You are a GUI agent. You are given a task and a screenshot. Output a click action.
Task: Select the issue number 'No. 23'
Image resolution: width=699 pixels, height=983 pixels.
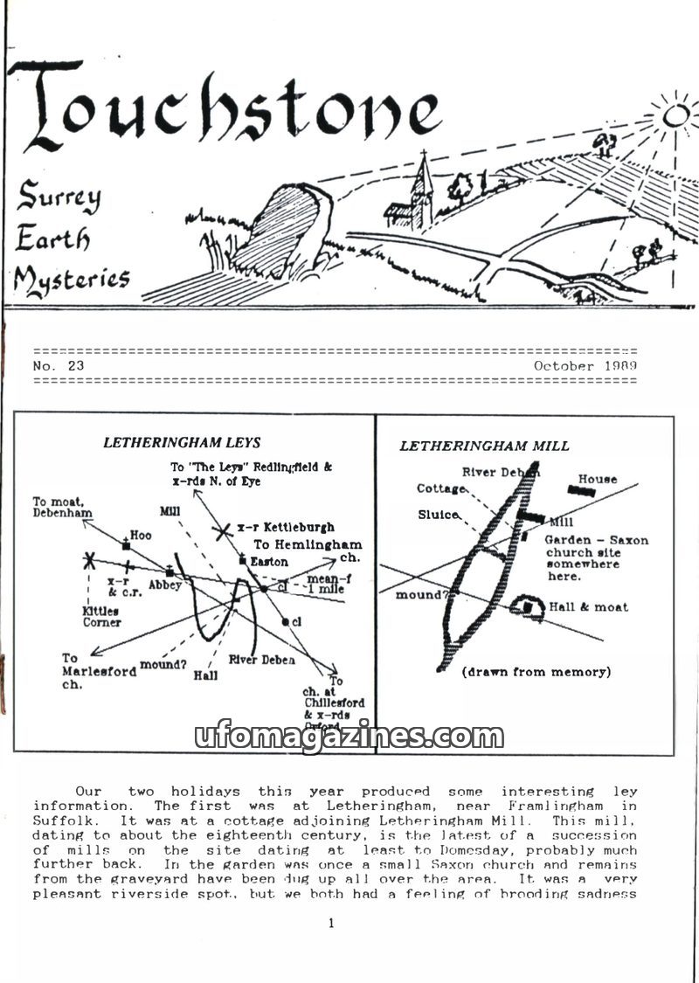pos(59,365)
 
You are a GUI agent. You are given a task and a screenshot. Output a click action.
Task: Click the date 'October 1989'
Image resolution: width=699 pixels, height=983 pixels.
pos(585,365)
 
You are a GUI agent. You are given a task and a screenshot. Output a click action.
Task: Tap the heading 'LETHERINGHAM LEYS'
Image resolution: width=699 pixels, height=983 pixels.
pos(182,442)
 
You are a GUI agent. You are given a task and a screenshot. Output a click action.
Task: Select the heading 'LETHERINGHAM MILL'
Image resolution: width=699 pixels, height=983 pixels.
pos(484,446)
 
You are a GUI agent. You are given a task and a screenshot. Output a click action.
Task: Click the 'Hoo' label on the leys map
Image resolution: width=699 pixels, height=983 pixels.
pos(141,534)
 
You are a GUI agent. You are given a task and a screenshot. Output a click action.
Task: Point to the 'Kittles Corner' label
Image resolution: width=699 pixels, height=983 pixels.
pos(101,617)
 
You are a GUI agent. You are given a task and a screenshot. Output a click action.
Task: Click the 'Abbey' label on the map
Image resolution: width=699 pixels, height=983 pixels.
pos(165,584)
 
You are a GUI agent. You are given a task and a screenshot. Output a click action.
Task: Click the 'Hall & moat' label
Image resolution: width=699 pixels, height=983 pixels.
pos(588,606)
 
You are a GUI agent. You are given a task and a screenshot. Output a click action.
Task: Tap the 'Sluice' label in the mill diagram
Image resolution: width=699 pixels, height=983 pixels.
pos(439,515)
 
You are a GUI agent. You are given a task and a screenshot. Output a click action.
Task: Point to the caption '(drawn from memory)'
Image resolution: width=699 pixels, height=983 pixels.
pos(536,671)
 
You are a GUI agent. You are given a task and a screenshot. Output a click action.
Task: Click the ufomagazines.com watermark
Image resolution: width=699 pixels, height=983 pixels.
pos(349,737)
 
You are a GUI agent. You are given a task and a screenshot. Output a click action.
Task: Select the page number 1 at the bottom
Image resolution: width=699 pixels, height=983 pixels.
pos(331,923)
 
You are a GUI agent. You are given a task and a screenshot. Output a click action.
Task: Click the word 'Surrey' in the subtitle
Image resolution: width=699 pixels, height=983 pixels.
pos(58,198)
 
